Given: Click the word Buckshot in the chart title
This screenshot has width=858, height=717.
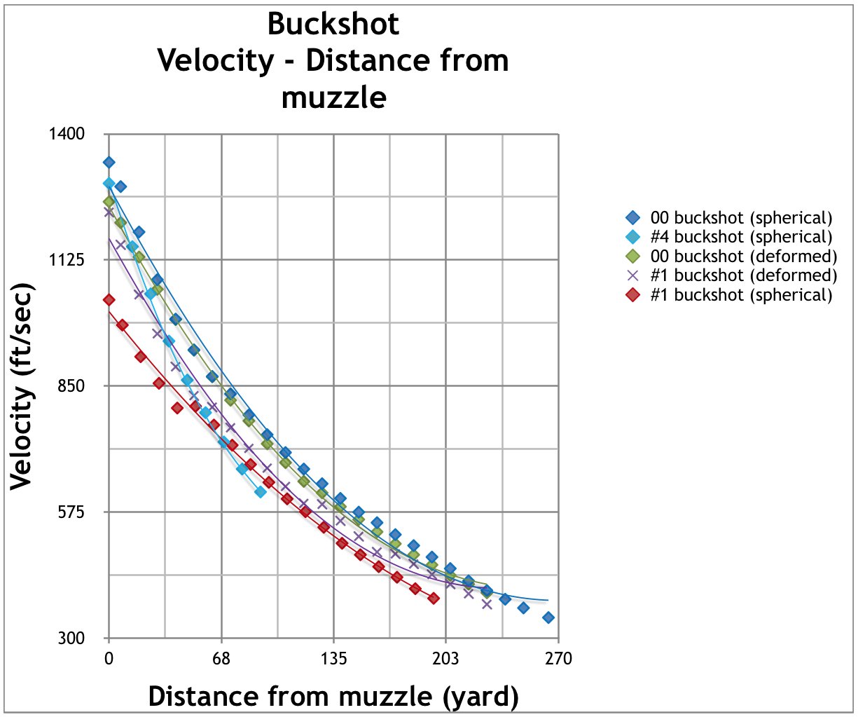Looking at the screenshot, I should [x=333, y=25].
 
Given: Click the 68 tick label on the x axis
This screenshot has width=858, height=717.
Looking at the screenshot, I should [x=221, y=659].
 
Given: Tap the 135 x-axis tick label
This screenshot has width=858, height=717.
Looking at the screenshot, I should [x=333, y=659].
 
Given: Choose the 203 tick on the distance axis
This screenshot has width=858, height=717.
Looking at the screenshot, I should [x=445, y=659].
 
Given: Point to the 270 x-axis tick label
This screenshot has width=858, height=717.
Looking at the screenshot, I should [x=558, y=659].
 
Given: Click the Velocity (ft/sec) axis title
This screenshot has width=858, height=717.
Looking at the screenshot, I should [x=22, y=386].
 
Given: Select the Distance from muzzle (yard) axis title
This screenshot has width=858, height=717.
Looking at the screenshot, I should [x=333, y=696].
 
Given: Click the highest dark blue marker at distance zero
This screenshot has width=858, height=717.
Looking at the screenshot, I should [x=109, y=163].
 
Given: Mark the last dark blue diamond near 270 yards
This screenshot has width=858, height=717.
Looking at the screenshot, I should [x=548, y=617].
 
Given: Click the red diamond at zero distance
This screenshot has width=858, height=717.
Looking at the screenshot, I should [x=109, y=300].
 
